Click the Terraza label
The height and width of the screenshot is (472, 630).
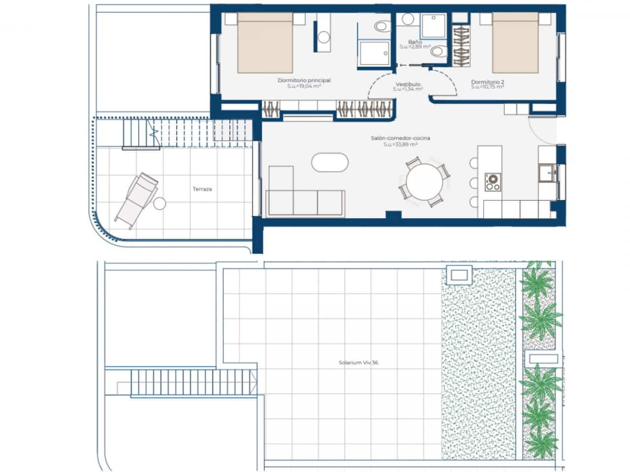pos(202,189)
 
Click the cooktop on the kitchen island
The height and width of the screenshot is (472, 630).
pos(491,182)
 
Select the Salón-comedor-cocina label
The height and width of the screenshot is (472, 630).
pos(400,138)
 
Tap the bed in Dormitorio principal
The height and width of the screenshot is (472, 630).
pos(266,43)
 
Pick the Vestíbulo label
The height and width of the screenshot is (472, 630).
pos(408,84)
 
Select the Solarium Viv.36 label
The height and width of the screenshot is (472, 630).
pos(358,363)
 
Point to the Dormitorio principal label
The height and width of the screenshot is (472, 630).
pos(304,80)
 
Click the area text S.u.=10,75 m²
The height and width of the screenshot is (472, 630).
pos(487,87)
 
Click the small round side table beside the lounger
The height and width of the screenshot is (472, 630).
pos(159,203)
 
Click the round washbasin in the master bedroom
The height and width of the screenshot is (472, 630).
pos(323,37)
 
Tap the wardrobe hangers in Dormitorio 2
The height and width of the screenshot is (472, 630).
pos(461,46)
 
